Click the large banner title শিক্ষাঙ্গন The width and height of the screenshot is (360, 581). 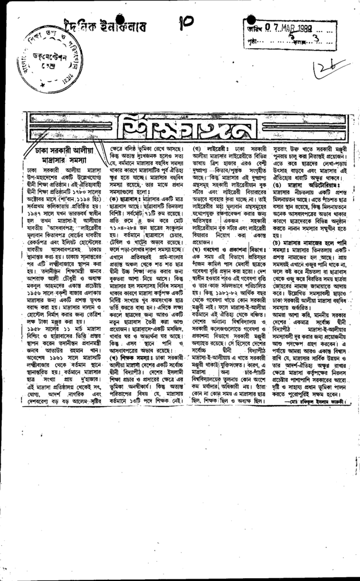pyautogui.click(x=184, y=127)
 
